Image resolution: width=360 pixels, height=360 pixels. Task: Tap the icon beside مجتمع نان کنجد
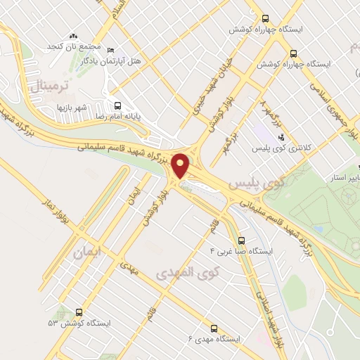pyautogui.click(x=73, y=36)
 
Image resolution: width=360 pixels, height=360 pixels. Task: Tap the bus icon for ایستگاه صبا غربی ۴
pyautogui.click(x=241, y=239)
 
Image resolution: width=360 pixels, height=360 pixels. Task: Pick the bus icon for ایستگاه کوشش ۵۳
pyautogui.click(x=77, y=311)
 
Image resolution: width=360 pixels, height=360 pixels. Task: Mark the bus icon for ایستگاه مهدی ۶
pyautogui.click(x=214, y=327)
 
